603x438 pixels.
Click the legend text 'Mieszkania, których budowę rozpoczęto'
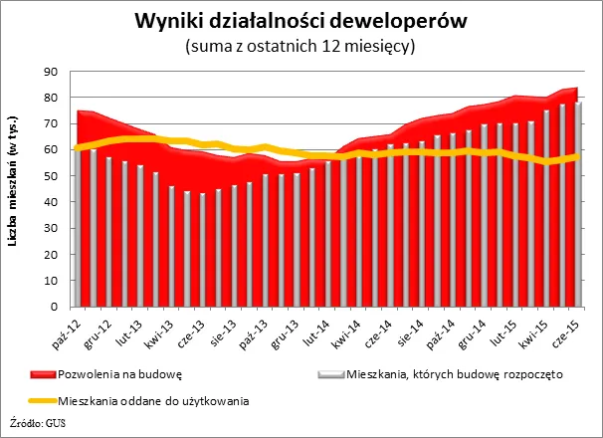[455, 375]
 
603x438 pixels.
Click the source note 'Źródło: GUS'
[36, 425]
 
